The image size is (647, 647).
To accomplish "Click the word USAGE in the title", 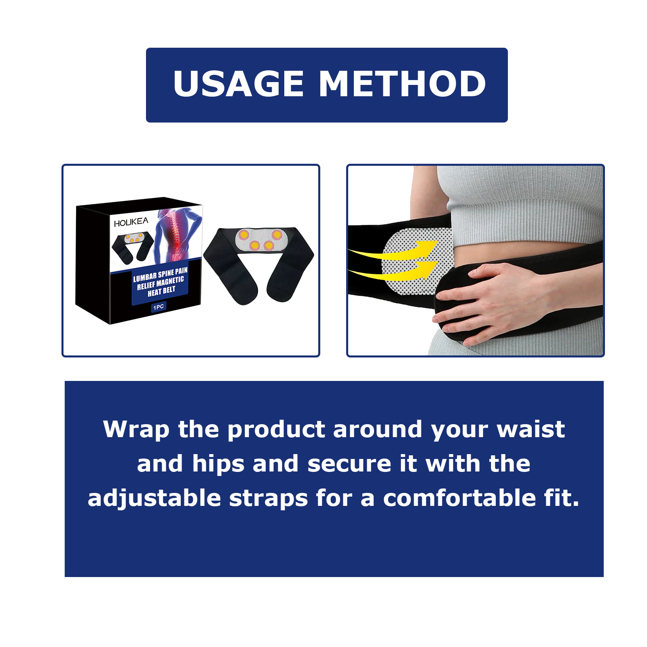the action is point(238,84).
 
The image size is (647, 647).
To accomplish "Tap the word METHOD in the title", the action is point(402,84).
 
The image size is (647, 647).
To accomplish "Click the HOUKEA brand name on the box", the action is point(131,222).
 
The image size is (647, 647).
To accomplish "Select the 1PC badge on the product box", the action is point(159,307).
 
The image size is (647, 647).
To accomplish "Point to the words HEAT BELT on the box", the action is point(161,291).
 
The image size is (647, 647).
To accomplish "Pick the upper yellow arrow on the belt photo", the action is point(394,251).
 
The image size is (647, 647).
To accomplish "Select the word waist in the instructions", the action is point(531,429).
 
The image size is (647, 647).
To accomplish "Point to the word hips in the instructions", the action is point(218,464).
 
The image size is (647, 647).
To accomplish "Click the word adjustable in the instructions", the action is point(154,499).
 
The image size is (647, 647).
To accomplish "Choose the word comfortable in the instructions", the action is point(459,498).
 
